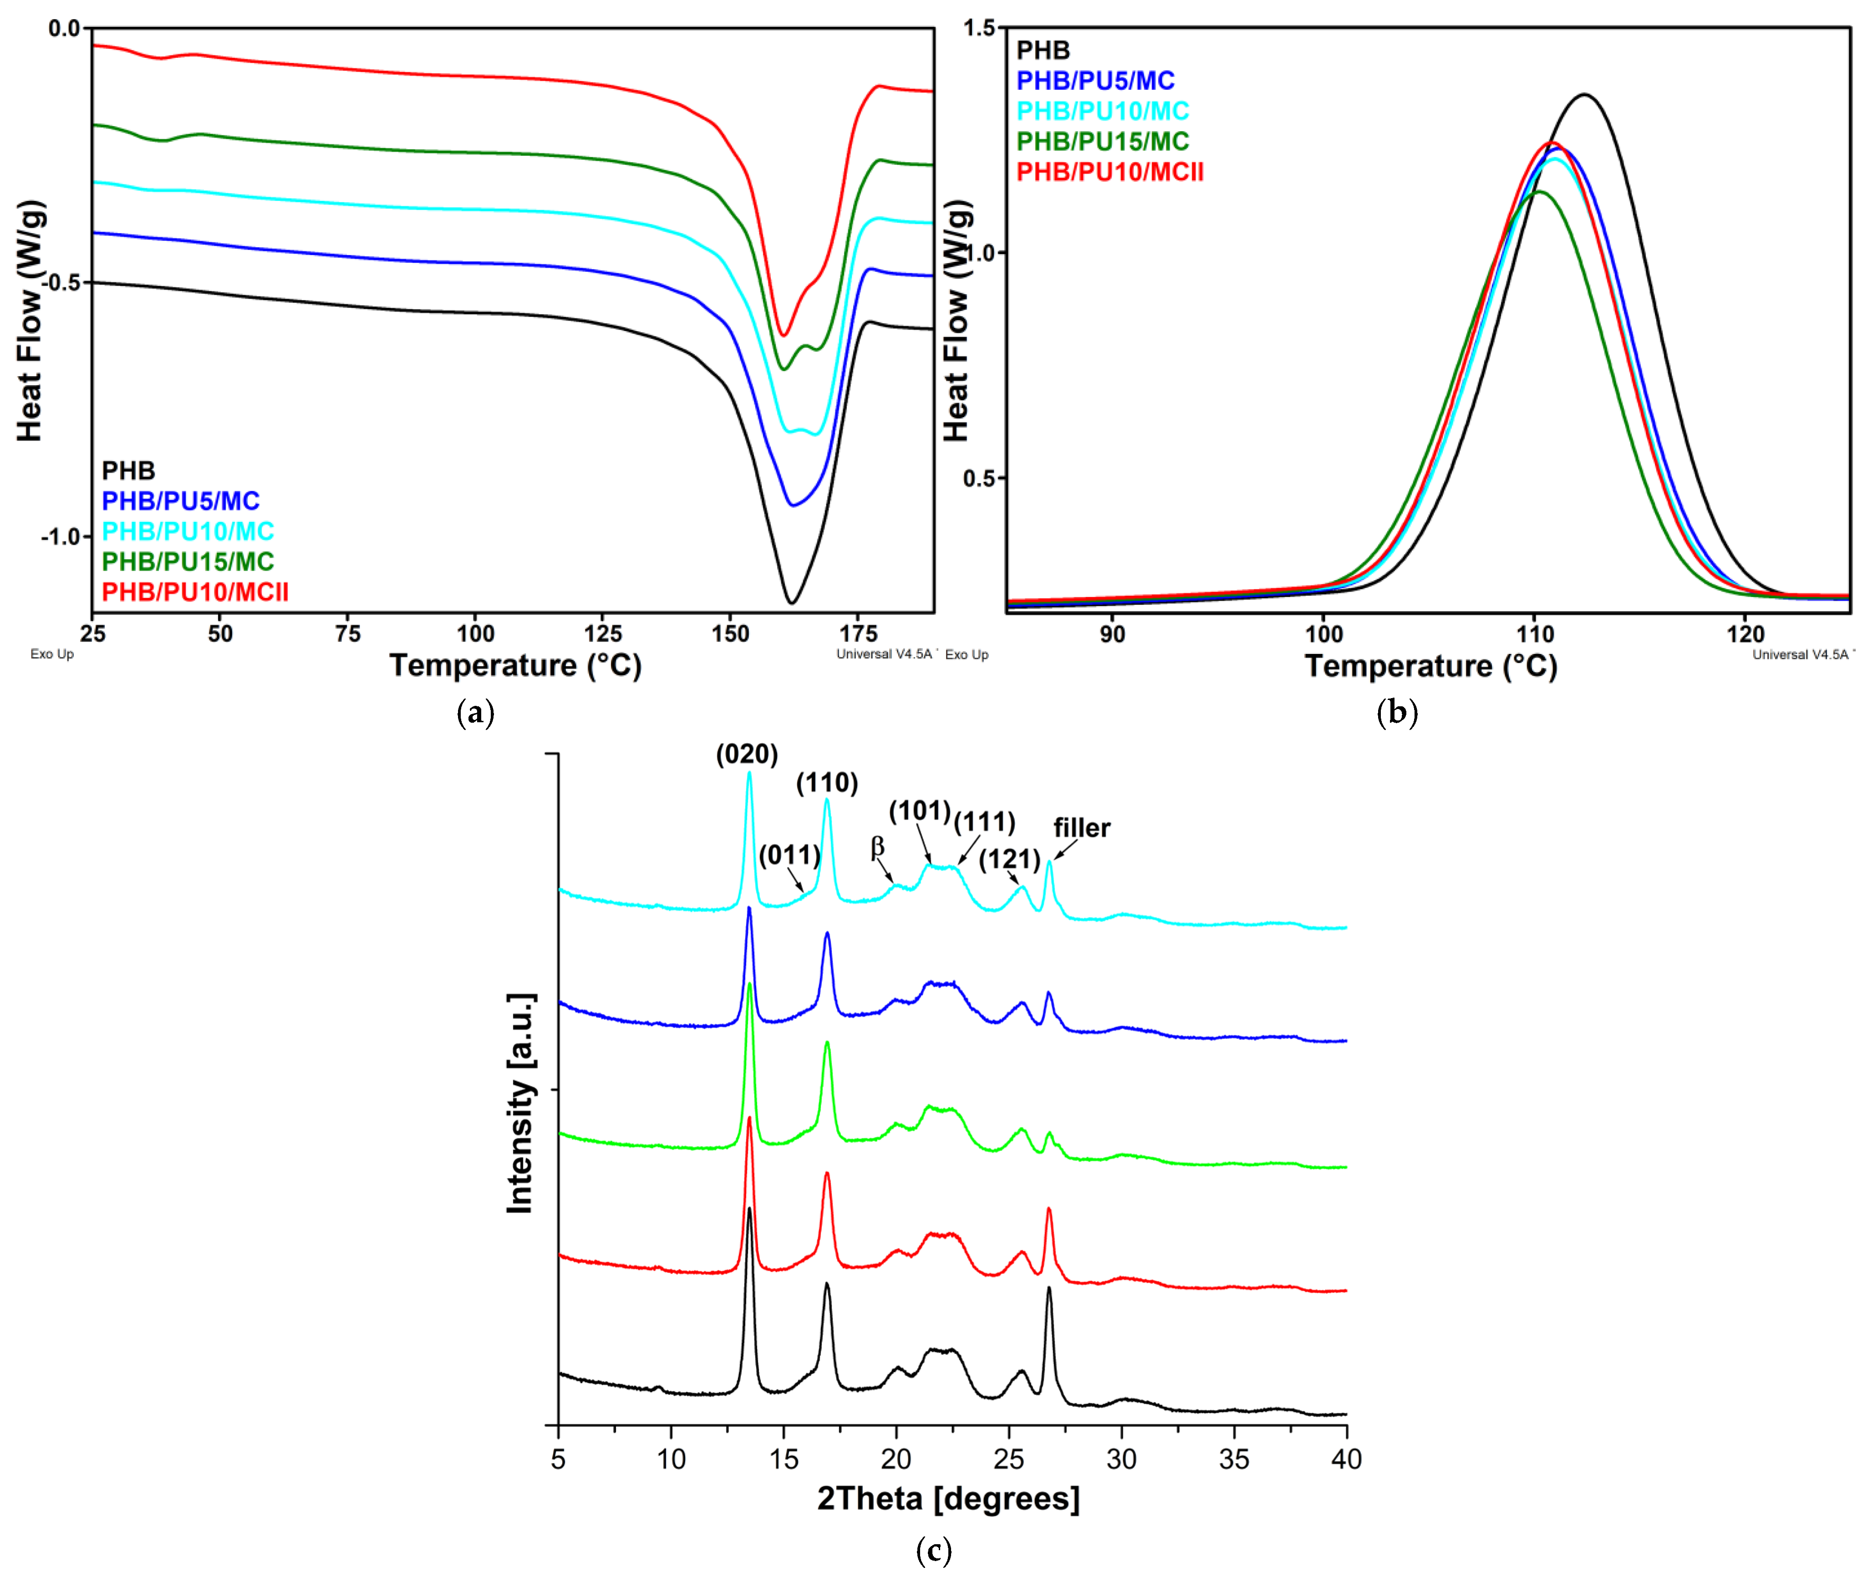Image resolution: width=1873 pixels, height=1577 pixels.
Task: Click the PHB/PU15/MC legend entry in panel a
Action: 188,561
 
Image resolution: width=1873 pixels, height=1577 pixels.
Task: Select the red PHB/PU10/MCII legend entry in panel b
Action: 1110,172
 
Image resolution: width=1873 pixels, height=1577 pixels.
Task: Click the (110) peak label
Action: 827,783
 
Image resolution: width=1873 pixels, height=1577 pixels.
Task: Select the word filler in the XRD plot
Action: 1081,828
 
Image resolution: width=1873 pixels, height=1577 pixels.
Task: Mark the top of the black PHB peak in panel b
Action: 1584,94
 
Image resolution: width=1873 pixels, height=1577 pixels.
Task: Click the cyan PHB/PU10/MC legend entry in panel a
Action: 188,531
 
